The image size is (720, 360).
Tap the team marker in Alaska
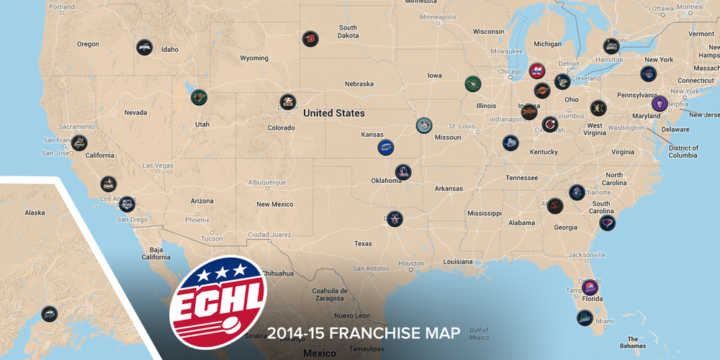[49, 313]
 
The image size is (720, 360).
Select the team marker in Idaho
[144, 47]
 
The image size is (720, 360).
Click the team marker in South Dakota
[310, 39]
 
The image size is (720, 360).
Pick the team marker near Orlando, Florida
[590, 287]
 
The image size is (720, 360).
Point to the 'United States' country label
[333, 113]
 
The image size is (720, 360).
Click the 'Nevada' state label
[135, 112]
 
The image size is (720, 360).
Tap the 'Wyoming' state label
[253, 58]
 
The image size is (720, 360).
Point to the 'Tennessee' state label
[522, 178]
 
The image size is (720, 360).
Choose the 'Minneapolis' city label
[437, 17]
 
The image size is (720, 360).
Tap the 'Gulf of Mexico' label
[478, 333]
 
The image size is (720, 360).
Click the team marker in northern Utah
[197, 96]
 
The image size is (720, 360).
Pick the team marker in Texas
[395, 219]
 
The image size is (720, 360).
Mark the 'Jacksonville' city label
[582, 254]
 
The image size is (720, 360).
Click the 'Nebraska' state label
[359, 84]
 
